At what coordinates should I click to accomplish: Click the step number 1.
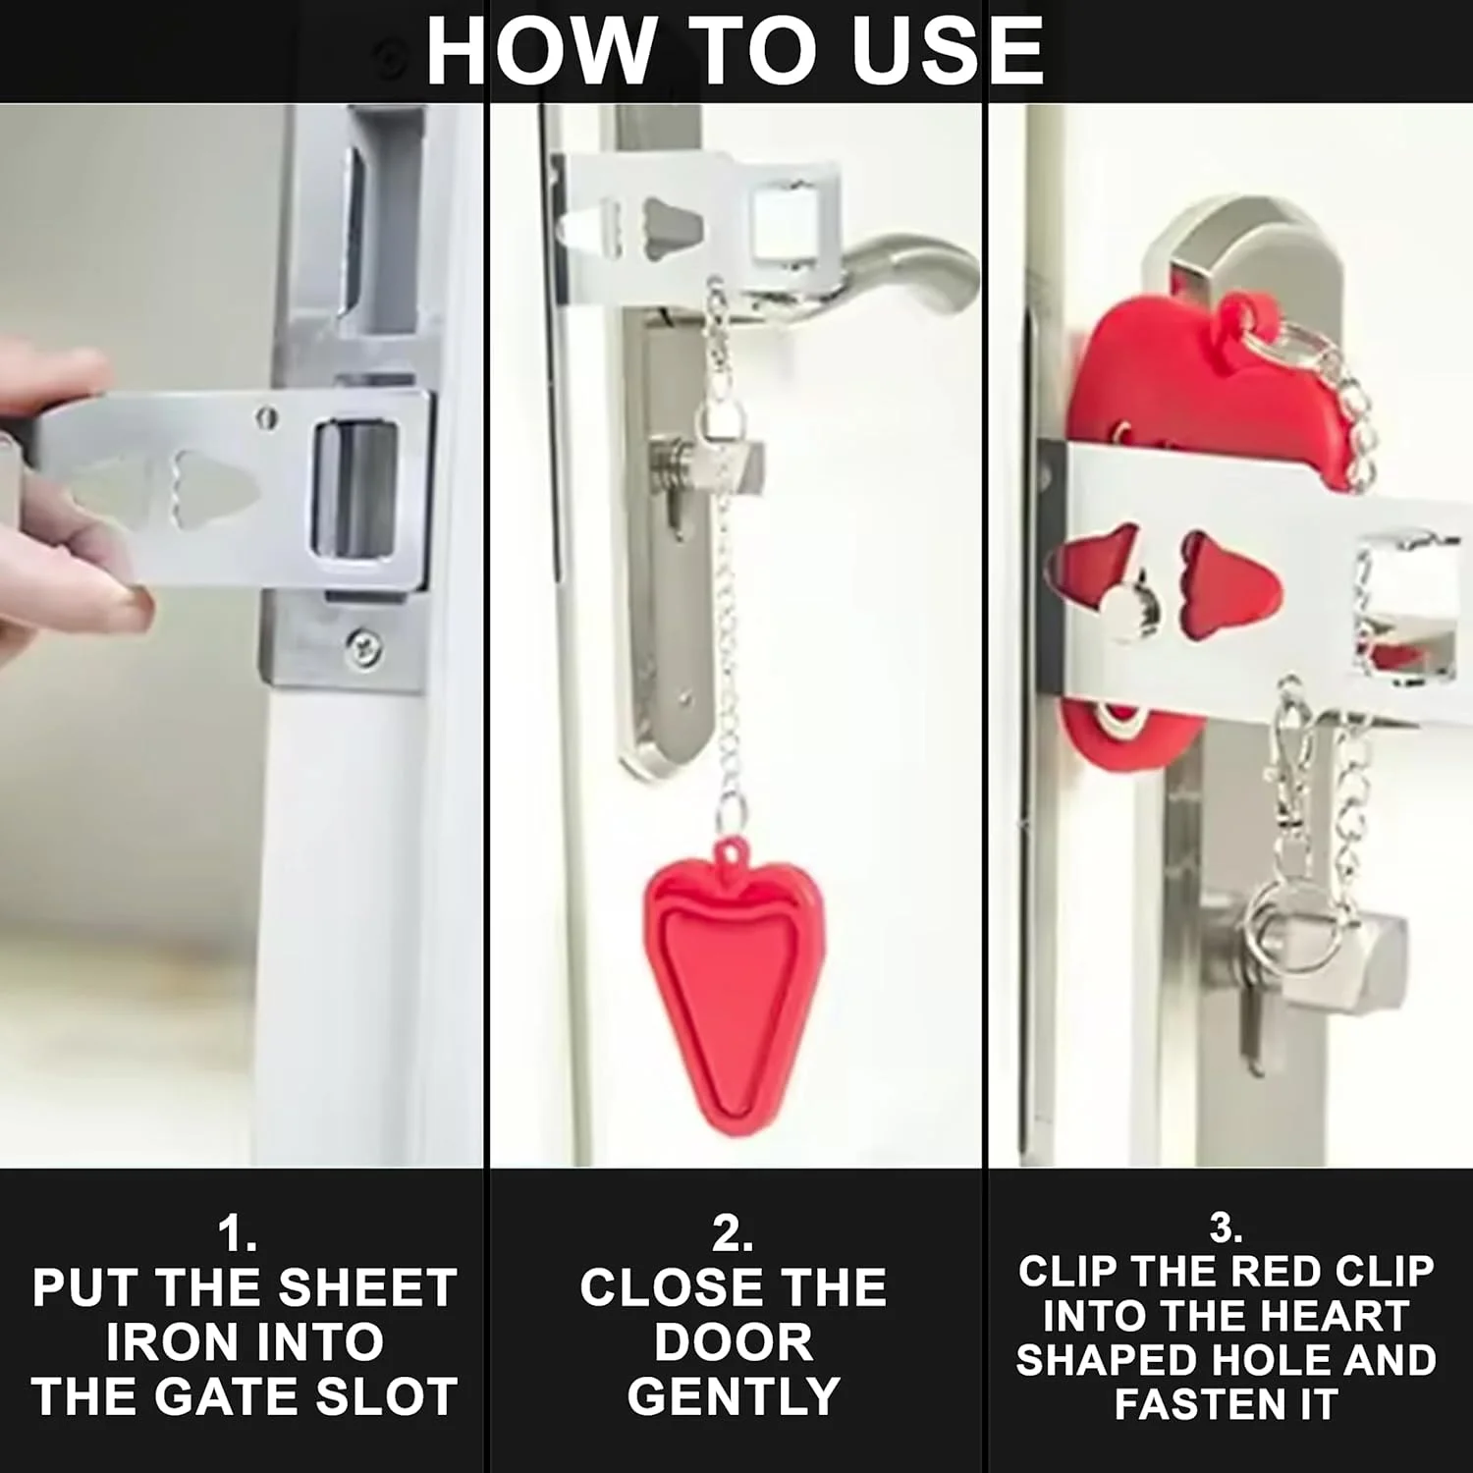click(x=237, y=1233)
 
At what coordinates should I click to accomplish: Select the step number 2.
click(x=733, y=1233)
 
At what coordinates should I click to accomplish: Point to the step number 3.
click(x=1226, y=1227)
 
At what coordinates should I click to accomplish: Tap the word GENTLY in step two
click(x=734, y=1396)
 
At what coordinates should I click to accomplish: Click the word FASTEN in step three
click(x=1200, y=1404)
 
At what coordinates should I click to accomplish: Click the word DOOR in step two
click(x=734, y=1342)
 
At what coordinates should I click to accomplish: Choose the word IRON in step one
click(x=164, y=1342)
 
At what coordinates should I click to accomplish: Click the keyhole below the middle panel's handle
click(x=677, y=510)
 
